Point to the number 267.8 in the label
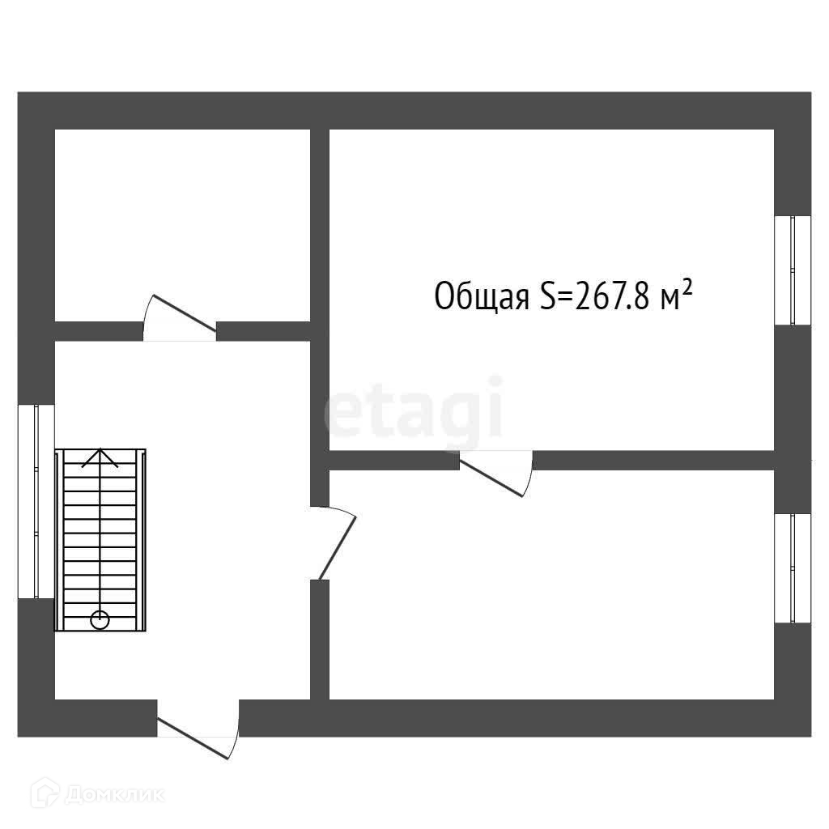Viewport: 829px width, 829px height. tap(610, 296)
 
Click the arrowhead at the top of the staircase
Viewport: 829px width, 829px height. tap(100, 457)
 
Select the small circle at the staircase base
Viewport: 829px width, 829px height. tap(100, 620)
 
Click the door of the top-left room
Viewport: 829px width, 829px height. tap(180, 319)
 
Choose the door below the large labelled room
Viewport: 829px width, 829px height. tap(496, 473)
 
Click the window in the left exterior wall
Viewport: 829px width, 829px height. tap(36, 501)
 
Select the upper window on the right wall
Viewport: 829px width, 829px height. tap(792, 270)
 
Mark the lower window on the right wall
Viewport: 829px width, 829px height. tap(792, 568)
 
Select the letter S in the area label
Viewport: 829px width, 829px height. tap(546, 296)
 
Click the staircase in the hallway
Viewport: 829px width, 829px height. tap(100, 539)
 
